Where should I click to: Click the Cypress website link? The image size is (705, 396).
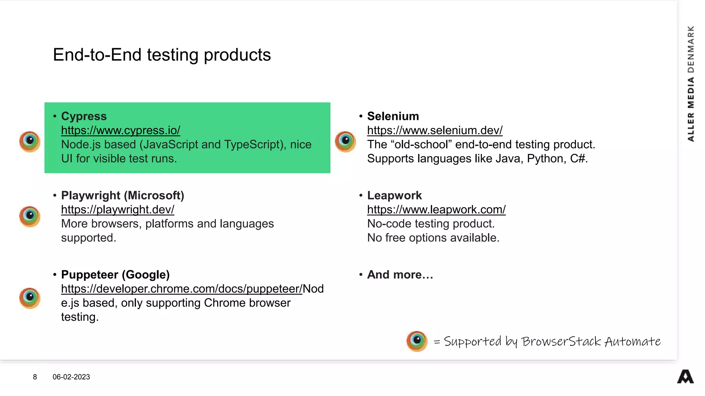[x=120, y=131]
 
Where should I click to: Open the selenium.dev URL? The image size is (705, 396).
[x=434, y=131]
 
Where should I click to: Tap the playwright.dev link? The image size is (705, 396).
[x=117, y=210]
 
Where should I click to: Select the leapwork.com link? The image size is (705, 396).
[x=436, y=210]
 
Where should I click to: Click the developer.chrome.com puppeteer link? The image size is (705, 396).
[x=181, y=289]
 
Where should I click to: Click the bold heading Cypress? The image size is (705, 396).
[x=84, y=117]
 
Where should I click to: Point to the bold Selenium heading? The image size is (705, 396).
[x=393, y=117]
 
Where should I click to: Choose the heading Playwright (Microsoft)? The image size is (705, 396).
[x=123, y=196]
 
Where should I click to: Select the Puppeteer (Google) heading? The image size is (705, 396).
[x=115, y=275]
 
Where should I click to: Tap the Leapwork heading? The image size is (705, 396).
[x=394, y=196]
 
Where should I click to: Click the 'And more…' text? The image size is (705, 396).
[x=400, y=275]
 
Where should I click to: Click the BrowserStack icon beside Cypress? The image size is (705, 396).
[x=30, y=141]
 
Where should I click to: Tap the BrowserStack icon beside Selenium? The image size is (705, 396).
[x=345, y=141]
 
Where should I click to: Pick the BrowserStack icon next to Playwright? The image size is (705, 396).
[x=30, y=216]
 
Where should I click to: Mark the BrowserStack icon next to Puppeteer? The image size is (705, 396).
[x=30, y=298]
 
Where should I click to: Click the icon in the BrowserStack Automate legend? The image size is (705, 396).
[x=417, y=341]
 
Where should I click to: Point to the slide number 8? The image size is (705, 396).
[x=35, y=377]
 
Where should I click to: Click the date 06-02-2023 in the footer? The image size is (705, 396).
[x=71, y=377]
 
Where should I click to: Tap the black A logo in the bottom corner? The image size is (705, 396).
[x=685, y=377]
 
